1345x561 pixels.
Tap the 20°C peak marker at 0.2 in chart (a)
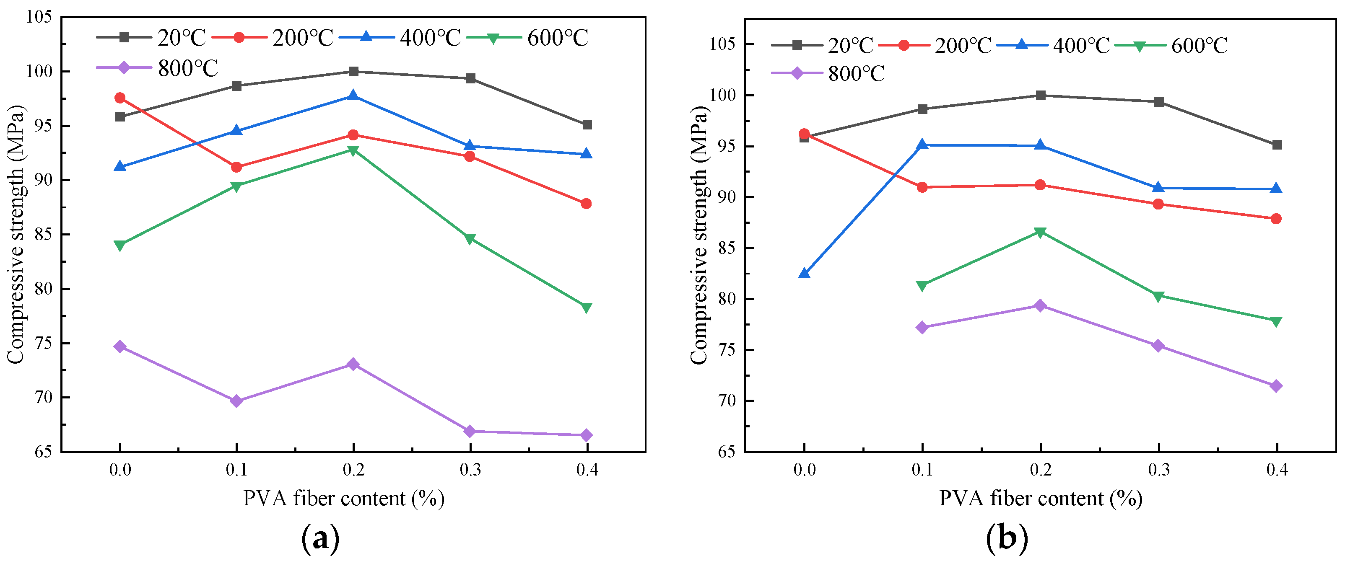point(353,72)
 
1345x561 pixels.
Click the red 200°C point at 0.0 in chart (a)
point(120,98)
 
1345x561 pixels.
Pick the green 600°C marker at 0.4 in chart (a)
point(587,308)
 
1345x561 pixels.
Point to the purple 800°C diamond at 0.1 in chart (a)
point(236,401)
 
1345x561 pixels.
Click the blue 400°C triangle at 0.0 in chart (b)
point(804,274)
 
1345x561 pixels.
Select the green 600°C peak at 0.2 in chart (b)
point(1040,232)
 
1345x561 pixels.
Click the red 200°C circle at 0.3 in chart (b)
point(1158,204)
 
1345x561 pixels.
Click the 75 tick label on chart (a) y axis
point(43,344)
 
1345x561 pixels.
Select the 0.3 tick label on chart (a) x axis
point(470,470)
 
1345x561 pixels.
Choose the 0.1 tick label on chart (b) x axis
point(922,470)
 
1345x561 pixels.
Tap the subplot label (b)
point(1007,538)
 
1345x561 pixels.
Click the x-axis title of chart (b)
point(1040,499)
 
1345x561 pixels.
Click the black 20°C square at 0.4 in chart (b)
point(1277,145)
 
